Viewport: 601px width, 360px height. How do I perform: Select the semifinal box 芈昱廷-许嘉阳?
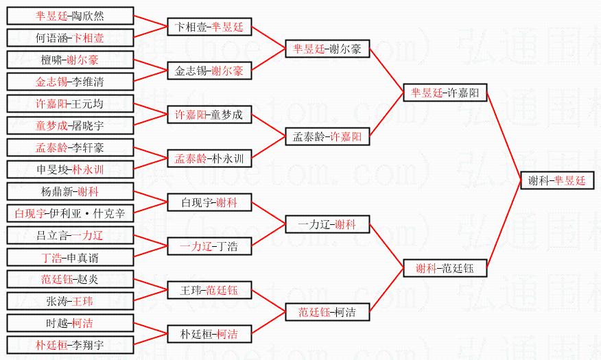(445, 93)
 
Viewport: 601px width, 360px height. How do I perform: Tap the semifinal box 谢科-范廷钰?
(445, 268)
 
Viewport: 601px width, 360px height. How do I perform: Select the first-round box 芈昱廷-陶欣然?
(70, 16)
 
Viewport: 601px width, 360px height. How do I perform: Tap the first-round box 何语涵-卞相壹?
(70, 38)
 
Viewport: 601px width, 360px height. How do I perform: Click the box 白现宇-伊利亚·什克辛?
(70, 213)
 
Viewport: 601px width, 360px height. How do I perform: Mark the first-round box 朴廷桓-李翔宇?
(70, 345)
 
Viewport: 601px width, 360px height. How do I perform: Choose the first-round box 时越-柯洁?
(70, 323)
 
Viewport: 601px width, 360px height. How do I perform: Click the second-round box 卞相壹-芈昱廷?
(210, 27)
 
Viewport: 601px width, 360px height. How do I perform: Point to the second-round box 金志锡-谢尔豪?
(210, 71)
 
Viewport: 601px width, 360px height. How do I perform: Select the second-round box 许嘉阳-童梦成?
(210, 115)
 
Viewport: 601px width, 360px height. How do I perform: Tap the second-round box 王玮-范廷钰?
(210, 290)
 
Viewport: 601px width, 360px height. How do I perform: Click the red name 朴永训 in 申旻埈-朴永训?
(88, 169)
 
